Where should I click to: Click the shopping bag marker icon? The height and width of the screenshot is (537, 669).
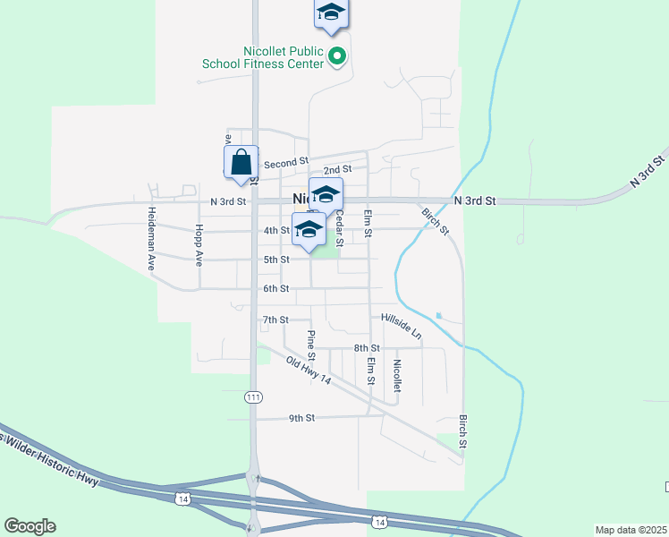click(x=241, y=163)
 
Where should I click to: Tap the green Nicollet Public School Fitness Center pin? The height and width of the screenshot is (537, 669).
click(x=337, y=57)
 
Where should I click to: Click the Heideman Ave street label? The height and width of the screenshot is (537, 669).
click(x=152, y=239)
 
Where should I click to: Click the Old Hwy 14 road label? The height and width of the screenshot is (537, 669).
click(x=309, y=371)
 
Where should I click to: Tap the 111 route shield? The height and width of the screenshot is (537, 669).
click(x=253, y=395)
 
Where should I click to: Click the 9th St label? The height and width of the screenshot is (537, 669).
click(x=301, y=418)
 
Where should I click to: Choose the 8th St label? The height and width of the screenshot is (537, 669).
click(x=367, y=347)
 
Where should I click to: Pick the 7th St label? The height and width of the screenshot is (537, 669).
click(x=275, y=320)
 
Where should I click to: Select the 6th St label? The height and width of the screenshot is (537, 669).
click(x=275, y=288)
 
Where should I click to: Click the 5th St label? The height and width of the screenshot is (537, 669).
click(x=275, y=260)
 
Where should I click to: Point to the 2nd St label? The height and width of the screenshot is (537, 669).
click(x=337, y=169)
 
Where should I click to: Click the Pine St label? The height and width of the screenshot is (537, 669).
click(x=311, y=345)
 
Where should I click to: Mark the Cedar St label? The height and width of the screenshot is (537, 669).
click(x=339, y=228)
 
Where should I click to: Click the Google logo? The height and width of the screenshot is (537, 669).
click(x=30, y=525)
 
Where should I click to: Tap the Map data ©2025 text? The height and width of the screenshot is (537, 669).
click(x=631, y=530)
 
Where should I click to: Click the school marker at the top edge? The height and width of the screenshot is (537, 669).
click(x=331, y=13)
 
